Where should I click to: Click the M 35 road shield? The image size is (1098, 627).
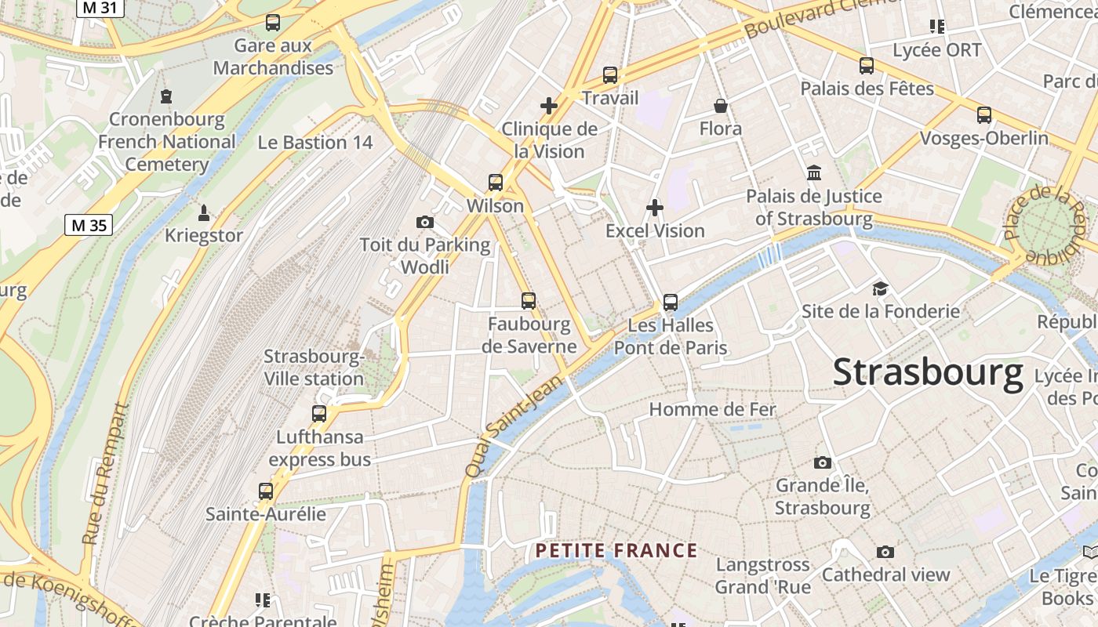pos(88,226)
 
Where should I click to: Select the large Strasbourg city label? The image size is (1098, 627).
pos(928,372)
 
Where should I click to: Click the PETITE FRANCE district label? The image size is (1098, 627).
pos(616,551)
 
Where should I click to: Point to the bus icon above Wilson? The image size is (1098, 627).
pos(495,183)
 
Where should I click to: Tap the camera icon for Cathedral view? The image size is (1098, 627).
pos(885,553)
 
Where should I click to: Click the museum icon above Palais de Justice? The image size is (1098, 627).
pos(814,173)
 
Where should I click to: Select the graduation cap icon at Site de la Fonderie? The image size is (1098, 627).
pos(880,289)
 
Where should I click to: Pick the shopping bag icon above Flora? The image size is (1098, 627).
pos(720,106)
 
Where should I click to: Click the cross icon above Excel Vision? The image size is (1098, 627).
pos(655,208)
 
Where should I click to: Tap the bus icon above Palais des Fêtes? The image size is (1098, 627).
pos(867,66)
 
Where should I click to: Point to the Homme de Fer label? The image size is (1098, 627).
pos(712,409)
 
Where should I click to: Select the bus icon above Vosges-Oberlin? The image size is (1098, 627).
pos(984,115)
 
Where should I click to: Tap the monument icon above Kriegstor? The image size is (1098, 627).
pos(204,212)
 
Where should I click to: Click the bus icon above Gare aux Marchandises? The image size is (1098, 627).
pos(273,23)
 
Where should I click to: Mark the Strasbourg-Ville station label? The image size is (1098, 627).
pos(314,368)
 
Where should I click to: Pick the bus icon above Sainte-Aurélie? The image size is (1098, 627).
pos(266,491)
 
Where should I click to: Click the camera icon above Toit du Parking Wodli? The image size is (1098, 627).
pos(425,222)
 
